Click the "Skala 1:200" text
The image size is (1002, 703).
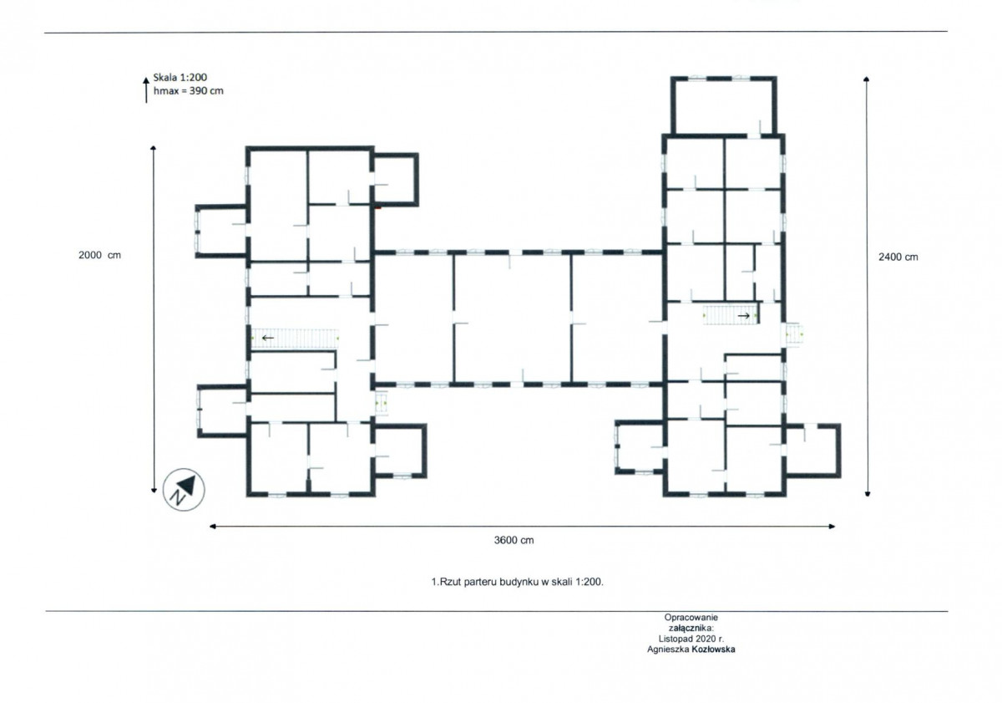click(x=180, y=78)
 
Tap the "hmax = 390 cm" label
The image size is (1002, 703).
click(x=189, y=91)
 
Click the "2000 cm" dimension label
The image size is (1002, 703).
click(x=99, y=255)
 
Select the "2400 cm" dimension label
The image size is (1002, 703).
click(x=898, y=257)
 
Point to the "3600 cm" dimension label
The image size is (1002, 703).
click(x=514, y=541)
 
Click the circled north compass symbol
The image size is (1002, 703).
click(x=184, y=490)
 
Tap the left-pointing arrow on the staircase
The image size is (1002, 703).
click(x=267, y=338)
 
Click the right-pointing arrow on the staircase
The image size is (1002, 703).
click(x=743, y=316)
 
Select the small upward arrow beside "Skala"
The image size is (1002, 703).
click(x=146, y=90)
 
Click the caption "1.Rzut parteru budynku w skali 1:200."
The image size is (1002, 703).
click(x=517, y=582)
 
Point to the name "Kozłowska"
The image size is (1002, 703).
click(x=713, y=650)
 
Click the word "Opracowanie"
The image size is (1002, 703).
click(x=691, y=617)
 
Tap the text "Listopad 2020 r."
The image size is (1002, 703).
click(x=691, y=639)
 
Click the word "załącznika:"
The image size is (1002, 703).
click(x=691, y=628)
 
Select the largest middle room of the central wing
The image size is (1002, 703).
click(x=513, y=318)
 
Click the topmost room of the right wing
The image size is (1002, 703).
click(x=724, y=106)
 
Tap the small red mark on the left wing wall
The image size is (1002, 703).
click(x=378, y=208)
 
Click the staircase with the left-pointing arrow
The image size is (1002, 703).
click(x=294, y=338)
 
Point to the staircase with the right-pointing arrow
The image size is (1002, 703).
click(x=730, y=315)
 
